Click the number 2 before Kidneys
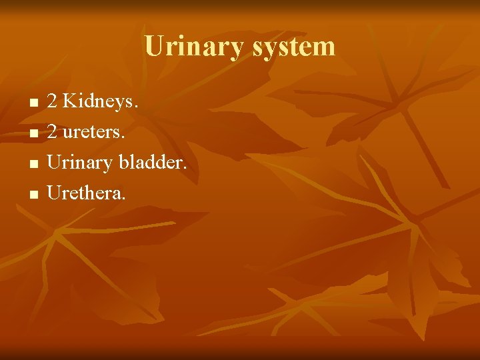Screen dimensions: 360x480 tap(52, 102)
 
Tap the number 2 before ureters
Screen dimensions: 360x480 tap(52, 133)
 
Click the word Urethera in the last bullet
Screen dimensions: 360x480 tap(85, 193)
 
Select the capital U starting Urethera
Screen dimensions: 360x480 tap(54, 193)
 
